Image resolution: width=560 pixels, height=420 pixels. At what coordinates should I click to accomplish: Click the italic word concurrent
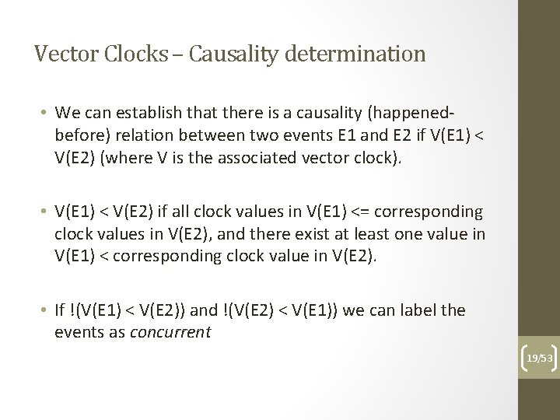pos(172,332)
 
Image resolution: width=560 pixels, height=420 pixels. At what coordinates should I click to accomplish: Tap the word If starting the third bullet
pos(61,311)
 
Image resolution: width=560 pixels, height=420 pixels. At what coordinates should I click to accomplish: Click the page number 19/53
pos(539,358)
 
